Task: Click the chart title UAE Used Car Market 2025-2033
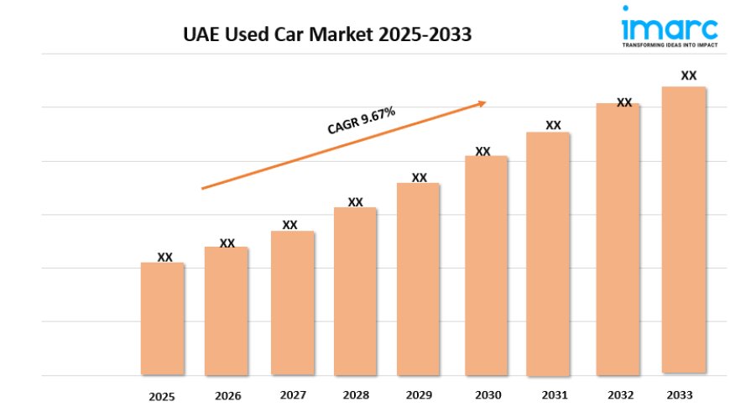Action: click(x=327, y=34)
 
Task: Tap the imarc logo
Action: click(x=669, y=25)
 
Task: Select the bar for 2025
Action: click(x=162, y=318)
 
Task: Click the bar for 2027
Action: click(x=292, y=302)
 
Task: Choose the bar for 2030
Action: click(x=486, y=264)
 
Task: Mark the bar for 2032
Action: click(x=618, y=239)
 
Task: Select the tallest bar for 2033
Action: click(x=684, y=230)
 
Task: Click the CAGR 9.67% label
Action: click(x=361, y=121)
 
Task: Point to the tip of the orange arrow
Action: click(x=485, y=102)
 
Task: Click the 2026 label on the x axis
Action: click(x=227, y=395)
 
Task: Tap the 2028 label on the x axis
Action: click(x=356, y=394)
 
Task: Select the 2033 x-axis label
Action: click(x=680, y=394)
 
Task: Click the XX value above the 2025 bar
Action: click(x=165, y=257)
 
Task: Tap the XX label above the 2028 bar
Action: click(x=355, y=202)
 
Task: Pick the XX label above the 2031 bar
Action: click(x=553, y=125)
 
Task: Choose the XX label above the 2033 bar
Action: click(x=688, y=76)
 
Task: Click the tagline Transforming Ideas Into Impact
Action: click(x=669, y=45)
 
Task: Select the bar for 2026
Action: click(x=227, y=310)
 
